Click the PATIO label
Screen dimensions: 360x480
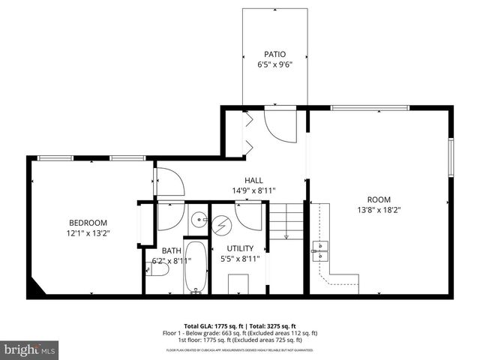click(x=274, y=54)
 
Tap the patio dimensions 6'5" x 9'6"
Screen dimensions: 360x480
click(x=274, y=64)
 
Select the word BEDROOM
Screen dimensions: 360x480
click(x=88, y=223)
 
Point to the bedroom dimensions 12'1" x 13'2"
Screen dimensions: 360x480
click(x=88, y=233)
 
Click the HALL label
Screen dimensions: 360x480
click(x=253, y=180)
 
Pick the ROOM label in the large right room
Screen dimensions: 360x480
click(x=379, y=199)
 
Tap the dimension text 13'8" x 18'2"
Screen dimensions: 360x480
click(x=379, y=210)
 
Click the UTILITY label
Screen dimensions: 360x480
click(x=241, y=248)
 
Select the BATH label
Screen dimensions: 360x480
click(x=171, y=251)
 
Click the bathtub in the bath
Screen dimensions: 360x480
click(x=196, y=266)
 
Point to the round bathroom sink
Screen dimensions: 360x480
click(x=198, y=220)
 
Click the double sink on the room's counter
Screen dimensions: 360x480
click(x=320, y=250)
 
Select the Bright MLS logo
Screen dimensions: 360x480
click(x=29, y=349)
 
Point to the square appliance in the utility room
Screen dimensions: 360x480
click(x=239, y=283)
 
